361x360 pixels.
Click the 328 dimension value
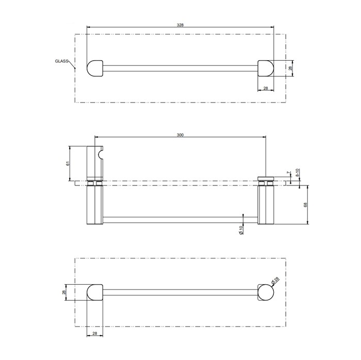[180, 24]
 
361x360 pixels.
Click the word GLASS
[62, 61]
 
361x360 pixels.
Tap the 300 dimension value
[180, 134]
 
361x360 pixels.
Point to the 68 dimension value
[305, 204]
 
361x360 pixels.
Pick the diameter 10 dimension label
[241, 231]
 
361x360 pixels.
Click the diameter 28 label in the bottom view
[276, 280]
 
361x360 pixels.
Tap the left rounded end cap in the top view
[95, 68]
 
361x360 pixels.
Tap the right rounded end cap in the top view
[265, 68]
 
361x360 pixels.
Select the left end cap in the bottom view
[95, 293]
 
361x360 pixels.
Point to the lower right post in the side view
[265, 204]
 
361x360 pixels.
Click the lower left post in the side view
[95, 204]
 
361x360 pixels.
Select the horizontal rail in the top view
[180, 68]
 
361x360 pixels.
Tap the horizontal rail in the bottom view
[180, 293]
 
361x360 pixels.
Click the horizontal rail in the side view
[180, 220]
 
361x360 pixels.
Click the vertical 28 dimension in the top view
[290, 68]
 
